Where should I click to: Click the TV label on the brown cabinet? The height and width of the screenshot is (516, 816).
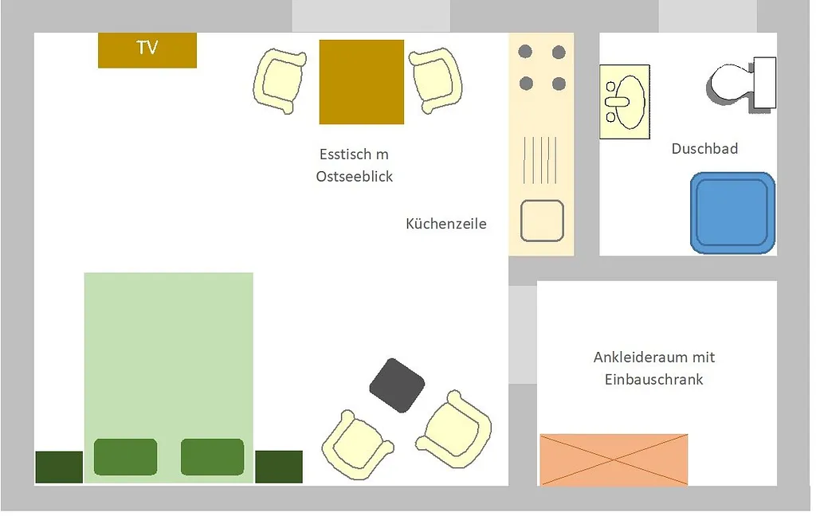[x=147, y=48]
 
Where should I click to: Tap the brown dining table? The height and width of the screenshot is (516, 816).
[x=362, y=82]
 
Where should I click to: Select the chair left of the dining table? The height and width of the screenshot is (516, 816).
[x=280, y=80]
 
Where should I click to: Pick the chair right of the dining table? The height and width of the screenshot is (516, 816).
[x=436, y=79]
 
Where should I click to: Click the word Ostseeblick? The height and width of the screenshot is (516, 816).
[x=355, y=177]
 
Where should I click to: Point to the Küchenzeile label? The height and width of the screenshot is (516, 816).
[x=446, y=224]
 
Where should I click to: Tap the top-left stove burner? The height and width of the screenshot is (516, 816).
[x=525, y=53]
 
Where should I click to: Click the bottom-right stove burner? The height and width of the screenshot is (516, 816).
[x=559, y=84]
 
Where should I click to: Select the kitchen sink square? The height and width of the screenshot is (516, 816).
[x=542, y=221]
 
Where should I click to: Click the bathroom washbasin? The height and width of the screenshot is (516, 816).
[x=626, y=102]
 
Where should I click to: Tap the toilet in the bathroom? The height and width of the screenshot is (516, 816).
[x=741, y=83]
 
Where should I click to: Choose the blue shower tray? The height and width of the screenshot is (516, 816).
[x=732, y=213]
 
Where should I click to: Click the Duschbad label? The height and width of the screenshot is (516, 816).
[x=704, y=149]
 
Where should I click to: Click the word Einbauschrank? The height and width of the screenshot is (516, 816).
[x=654, y=380]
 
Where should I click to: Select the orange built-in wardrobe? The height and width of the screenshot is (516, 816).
[x=614, y=459]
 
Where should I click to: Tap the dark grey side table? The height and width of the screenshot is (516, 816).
[x=397, y=385]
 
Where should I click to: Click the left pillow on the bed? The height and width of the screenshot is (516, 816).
[x=125, y=457]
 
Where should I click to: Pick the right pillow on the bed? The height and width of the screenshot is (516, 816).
[x=212, y=457]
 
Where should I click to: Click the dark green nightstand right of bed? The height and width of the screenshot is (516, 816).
[x=279, y=467]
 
